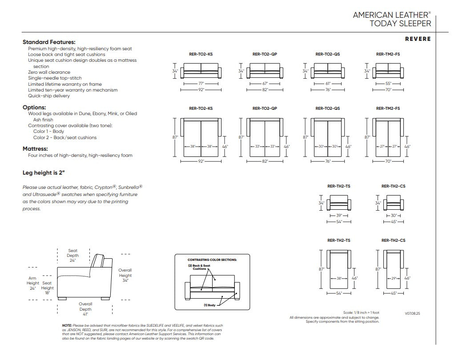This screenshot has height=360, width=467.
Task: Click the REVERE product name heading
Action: pos(418,39)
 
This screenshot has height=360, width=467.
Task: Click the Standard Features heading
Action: pos(49,42)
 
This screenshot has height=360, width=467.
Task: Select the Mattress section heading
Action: pos(35,149)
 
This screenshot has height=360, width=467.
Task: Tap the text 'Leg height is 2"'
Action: pos(44,173)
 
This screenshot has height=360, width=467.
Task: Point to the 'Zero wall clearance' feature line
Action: pos(49,72)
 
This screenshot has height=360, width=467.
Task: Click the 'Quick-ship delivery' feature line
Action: pos(49,96)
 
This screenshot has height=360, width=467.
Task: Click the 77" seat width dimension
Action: pos(201,84)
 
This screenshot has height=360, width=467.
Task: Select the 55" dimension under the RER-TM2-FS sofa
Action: pos(388,84)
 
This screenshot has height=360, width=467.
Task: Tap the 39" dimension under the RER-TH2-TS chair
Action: pos(339,216)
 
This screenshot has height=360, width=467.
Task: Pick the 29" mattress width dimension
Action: pos(394,279)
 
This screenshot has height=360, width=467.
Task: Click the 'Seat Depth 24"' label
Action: pos(72,255)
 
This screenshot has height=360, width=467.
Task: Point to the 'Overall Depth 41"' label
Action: pos(85,309)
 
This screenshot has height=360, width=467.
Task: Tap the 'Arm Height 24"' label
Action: pos(33,283)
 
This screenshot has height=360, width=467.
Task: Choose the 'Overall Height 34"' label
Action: pos(125,275)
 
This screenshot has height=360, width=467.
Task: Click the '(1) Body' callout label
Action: pos(209,305)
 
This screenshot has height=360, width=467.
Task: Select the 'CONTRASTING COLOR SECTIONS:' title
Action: pos(212,260)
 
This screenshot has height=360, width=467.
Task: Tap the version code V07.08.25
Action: pos(412,313)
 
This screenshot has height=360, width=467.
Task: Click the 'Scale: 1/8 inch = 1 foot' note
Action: pos(361,313)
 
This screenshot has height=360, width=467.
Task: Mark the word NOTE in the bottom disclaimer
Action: pos(67,325)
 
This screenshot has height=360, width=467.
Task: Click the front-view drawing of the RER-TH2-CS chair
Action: pos(394,203)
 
